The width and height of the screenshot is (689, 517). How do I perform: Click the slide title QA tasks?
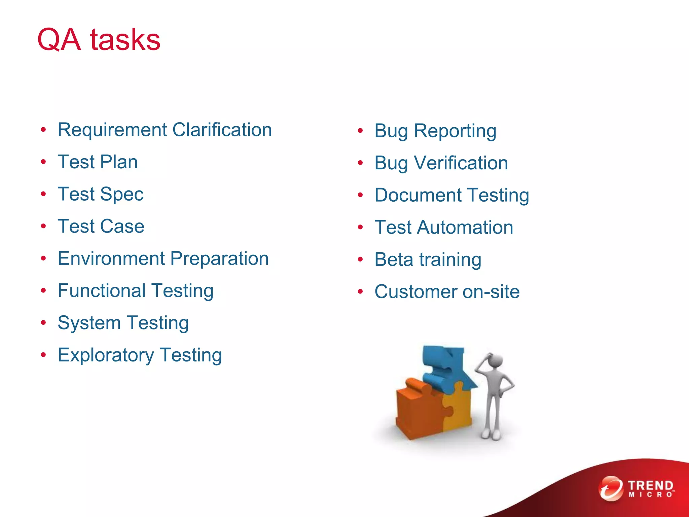coord(99,40)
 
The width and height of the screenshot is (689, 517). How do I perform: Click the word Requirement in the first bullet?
coord(112,130)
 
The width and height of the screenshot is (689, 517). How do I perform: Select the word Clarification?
coord(222,130)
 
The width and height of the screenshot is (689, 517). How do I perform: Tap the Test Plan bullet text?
coord(98,162)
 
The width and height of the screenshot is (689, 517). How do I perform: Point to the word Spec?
coord(121,195)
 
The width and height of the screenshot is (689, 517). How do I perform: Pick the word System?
coord(89,323)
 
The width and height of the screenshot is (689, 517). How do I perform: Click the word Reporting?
coord(455,131)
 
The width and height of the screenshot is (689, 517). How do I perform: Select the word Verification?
coord(461,163)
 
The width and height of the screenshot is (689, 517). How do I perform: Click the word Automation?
coord(465,228)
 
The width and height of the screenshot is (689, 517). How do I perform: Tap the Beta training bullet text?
coord(428,260)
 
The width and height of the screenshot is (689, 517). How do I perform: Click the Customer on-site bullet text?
coord(447,292)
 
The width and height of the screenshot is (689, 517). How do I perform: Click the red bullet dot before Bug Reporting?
coord(360,131)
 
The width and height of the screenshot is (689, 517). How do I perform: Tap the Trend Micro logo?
coord(637,489)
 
